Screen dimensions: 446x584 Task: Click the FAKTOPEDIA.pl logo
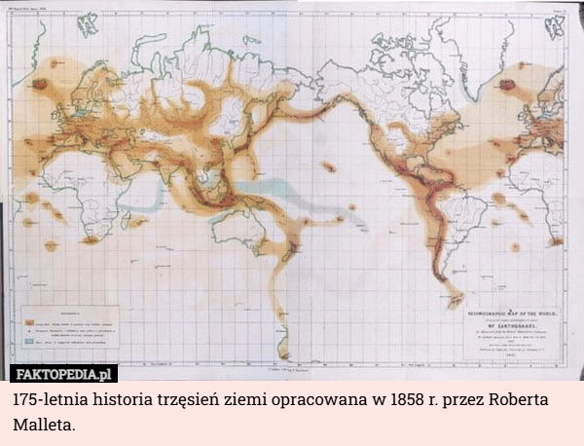(x=64, y=373)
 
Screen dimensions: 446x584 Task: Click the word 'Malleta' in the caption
(x=41, y=426)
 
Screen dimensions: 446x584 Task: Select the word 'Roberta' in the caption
(x=511, y=400)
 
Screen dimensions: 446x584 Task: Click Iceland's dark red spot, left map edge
(x=40, y=84)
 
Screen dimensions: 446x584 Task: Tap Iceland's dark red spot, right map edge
(x=507, y=85)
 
